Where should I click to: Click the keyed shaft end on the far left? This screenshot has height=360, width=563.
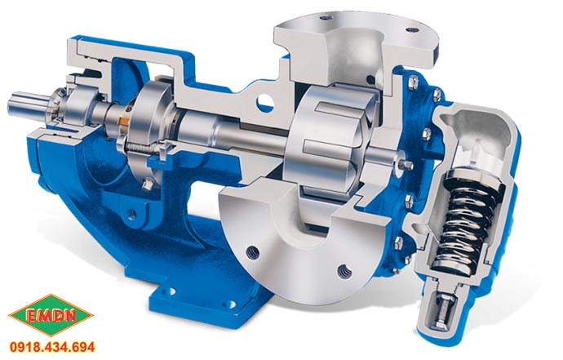pyautogui.click(x=26, y=106)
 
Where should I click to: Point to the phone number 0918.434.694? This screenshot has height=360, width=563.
pyautogui.click(x=52, y=347)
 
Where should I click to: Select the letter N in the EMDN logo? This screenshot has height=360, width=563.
pyautogui.click(x=71, y=316)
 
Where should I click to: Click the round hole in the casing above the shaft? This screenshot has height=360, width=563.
pyautogui.click(x=265, y=103)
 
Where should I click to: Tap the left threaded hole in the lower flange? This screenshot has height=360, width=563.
pyautogui.click(x=254, y=252)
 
